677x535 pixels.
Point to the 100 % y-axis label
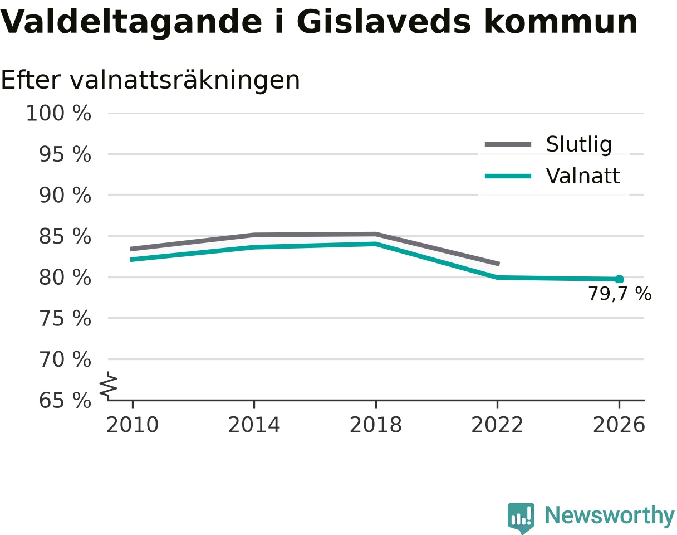pyautogui.click(x=58, y=113)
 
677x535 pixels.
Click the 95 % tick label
pyautogui.click(x=65, y=154)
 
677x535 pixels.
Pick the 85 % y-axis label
pyautogui.click(x=65, y=236)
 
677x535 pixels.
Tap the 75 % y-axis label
pyautogui.click(x=65, y=319)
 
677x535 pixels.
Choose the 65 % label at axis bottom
pyautogui.click(x=65, y=401)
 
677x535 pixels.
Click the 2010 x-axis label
pyautogui.click(x=133, y=425)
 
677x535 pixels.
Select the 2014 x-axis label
pyautogui.click(x=254, y=425)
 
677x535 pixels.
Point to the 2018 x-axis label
pyautogui.click(x=376, y=425)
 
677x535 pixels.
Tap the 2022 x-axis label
pyautogui.click(x=497, y=425)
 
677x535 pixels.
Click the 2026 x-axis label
pyautogui.click(x=619, y=425)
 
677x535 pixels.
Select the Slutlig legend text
pyautogui.click(x=579, y=145)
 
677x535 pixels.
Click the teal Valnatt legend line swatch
pyautogui.click(x=508, y=176)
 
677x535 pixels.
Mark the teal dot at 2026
pyautogui.click(x=619, y=279)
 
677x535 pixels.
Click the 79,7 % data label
pyautogui.click(x=620, y=294)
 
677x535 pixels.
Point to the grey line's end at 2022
pyautogui.click(x=498, y=264)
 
